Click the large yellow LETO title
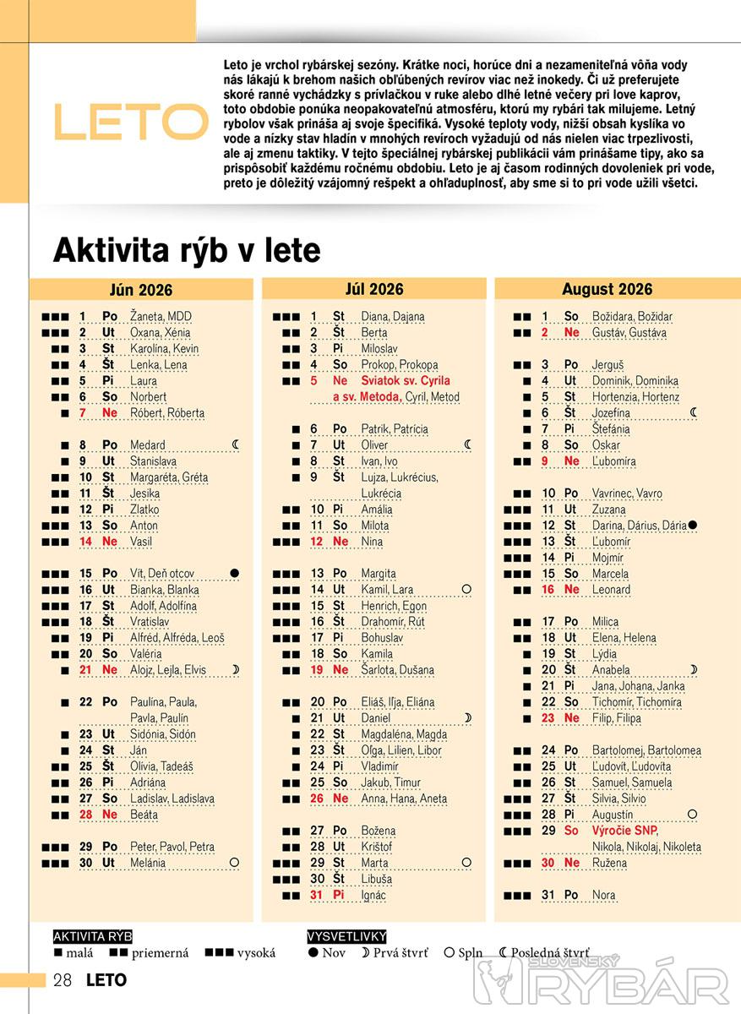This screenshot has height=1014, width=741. point(131,122)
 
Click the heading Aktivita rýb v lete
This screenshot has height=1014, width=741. point(187,251)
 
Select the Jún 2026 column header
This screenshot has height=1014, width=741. point(140,290)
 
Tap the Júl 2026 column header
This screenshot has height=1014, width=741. point(373,289)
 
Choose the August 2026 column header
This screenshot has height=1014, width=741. point(607,289)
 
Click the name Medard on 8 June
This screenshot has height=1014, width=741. point(148,445)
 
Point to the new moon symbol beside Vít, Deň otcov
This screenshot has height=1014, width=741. point(235,574)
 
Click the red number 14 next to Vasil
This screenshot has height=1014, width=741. point(85,542)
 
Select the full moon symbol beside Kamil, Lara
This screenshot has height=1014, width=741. point(466,589)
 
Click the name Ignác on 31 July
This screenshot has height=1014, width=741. point(373,895)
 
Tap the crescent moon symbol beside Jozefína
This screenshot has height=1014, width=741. point(694,413)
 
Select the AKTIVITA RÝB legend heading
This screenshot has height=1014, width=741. point(92,936)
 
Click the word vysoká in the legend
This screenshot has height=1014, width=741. point(256,953)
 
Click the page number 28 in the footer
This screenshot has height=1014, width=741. point(63,980)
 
